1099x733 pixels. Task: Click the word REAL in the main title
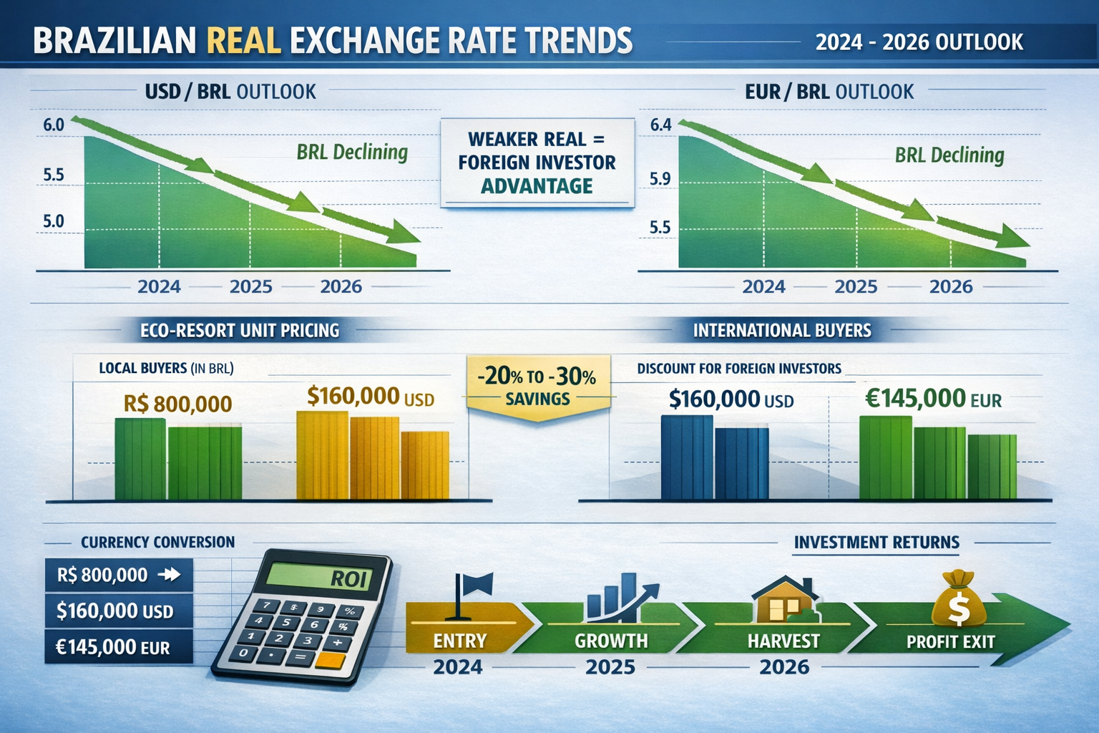click(243, 41)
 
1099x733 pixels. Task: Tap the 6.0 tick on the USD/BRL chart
click(54, 125)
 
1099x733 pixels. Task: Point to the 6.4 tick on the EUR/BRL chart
click(660, 125)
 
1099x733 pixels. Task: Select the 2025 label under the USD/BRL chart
click(250, 287)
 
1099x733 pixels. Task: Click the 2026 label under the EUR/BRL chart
click(950, 287)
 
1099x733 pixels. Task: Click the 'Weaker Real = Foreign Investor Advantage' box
click(537, 162)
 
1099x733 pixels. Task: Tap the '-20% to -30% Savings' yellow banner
click(537, 387)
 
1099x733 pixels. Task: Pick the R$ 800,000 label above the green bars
click(177, 404)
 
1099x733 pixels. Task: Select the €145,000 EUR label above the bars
click(933, 399)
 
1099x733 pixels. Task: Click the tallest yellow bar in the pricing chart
click(323, 455)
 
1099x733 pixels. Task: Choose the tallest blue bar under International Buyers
click(687, 457)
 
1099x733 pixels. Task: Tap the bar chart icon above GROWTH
click(620, 598)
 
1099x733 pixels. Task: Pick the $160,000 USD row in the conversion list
click(118, 611)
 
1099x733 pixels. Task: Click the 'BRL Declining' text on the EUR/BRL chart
click(949, 155)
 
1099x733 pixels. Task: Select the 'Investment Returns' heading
click(876, 543)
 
